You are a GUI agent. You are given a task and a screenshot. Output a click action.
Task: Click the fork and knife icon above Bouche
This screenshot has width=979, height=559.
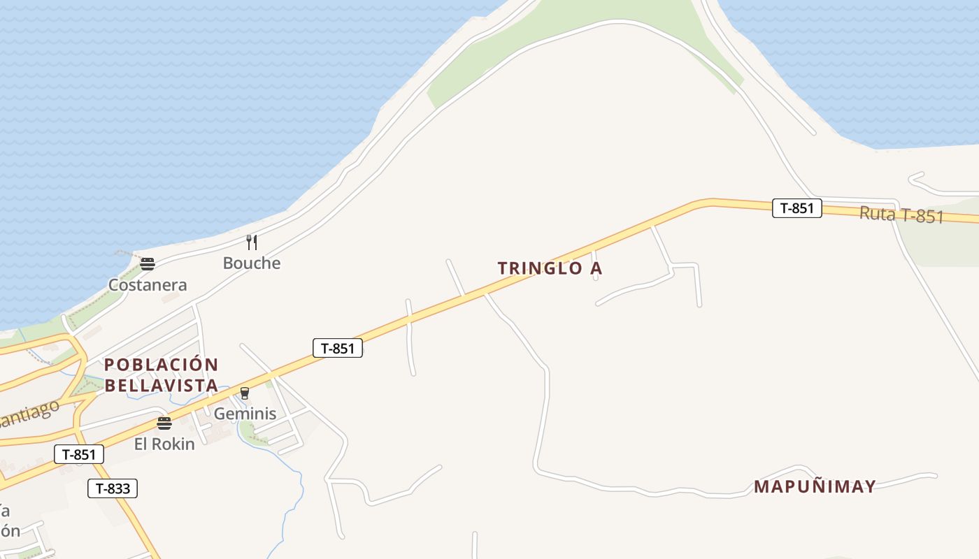tap(252, 242)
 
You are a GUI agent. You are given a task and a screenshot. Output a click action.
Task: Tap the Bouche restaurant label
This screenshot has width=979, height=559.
tap(252, 263)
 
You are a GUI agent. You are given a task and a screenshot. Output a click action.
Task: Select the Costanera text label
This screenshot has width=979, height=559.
tap(148, 285)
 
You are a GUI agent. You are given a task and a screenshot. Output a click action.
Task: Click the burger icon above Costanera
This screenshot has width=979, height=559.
tap(147, 264)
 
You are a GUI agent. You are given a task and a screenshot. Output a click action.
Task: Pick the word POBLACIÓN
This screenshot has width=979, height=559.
tap(162, 365)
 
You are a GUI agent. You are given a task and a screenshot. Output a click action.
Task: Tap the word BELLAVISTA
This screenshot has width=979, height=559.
tap(162, 385)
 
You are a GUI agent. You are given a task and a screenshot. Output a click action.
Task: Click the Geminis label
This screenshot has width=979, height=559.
tap(245, 414)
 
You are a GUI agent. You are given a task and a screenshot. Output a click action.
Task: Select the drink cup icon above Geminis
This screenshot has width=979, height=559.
tap(245, 393)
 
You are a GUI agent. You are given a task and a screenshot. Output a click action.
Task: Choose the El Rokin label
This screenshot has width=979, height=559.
tap(164, 444)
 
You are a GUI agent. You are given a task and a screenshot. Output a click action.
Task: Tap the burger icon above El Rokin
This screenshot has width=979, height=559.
tap(164, 423)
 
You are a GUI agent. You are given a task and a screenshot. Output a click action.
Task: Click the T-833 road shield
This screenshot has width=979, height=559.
tap(113, 488)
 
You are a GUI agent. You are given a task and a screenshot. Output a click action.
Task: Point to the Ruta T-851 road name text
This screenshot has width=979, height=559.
tap(901, 215)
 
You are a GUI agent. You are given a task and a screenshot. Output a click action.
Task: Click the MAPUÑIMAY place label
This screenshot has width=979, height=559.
tap(815, 487)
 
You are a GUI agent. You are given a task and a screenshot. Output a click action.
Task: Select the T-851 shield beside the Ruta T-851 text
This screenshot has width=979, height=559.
tap(796, 208)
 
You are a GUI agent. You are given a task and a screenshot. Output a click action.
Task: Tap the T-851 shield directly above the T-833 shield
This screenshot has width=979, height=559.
tap(79, 455)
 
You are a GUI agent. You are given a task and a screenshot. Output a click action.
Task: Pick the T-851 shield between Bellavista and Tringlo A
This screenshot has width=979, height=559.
tap(338, 348)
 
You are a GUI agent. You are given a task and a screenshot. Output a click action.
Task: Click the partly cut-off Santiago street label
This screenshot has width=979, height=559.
tap(28, 413)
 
